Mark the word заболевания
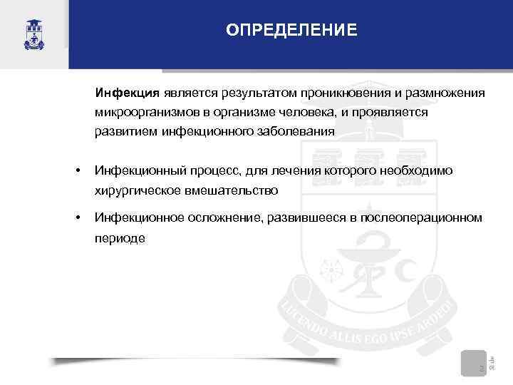coord(295,132)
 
